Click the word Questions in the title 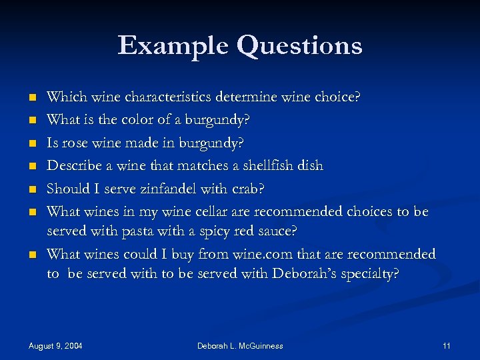coord(299,45)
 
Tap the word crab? coord(247,189)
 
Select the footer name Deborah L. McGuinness coord(240,346)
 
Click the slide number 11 coord(446,346)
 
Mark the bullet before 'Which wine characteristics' coord(31,98)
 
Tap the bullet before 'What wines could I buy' coord(31,255)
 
